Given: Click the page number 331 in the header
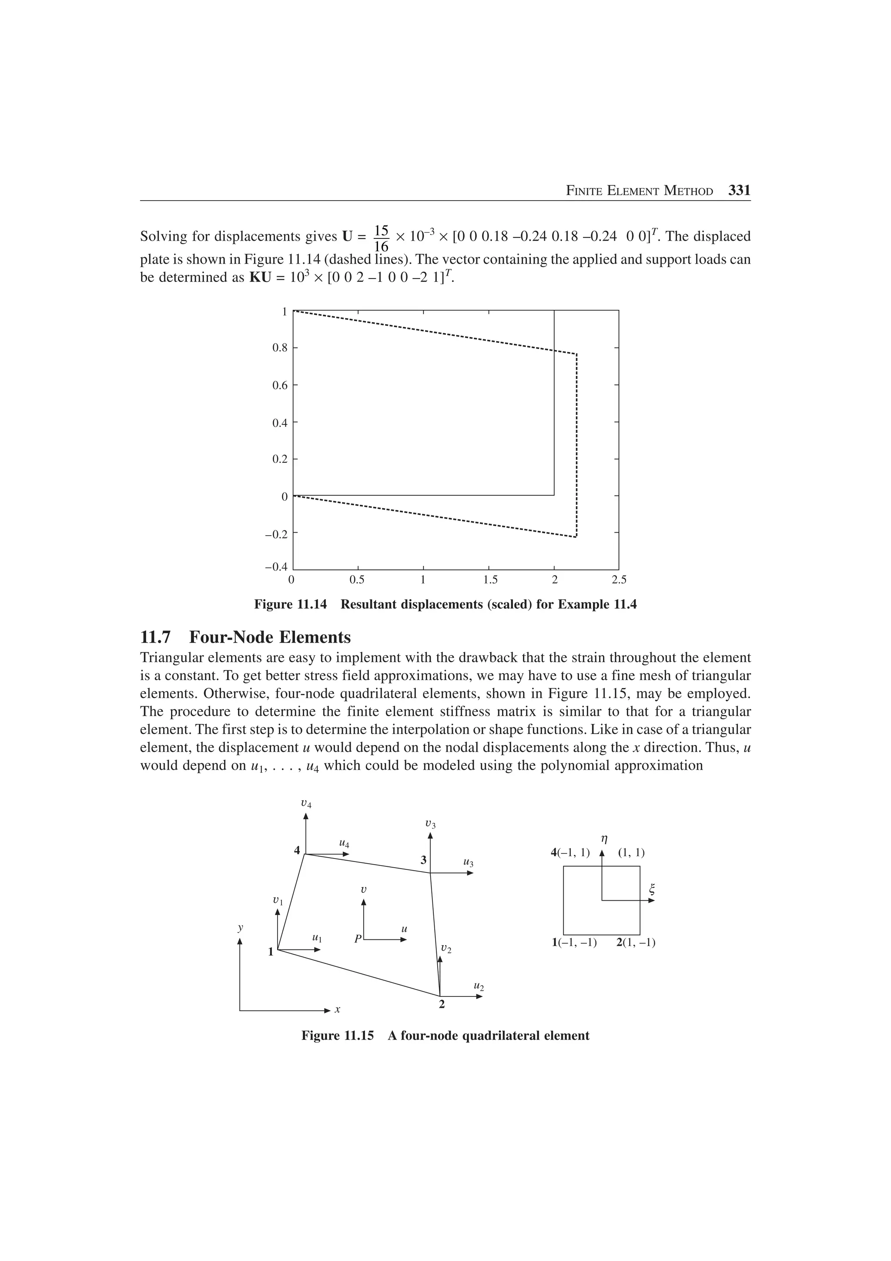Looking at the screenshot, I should tap(739, 191).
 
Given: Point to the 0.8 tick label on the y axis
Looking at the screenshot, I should tap(280, 348).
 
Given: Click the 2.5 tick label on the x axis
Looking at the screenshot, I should tap(619, 580).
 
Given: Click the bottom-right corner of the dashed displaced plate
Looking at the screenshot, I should tap(576, 537).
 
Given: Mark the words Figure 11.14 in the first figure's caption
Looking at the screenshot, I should tap(290, 605).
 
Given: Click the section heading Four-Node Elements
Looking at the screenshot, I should tap(270, 637).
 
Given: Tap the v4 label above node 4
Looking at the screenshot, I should tap(306, 804).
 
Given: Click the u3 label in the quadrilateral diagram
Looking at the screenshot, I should tap(468, 863).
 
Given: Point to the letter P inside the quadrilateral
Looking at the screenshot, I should tap(357, 939).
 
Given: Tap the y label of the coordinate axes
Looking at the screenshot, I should tap(240, 927).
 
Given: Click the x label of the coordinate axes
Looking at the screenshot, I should tap(338, 1009).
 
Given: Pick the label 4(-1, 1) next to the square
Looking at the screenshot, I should tap(570, 853).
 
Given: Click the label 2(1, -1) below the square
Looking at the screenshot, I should tap(635, 943).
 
